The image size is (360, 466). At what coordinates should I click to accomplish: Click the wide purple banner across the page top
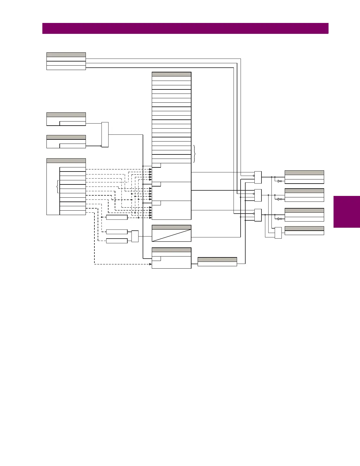185,28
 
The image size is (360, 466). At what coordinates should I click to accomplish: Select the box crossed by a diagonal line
171,235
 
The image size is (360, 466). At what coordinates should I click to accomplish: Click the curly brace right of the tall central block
194,154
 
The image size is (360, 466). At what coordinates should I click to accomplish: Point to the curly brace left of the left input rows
58,187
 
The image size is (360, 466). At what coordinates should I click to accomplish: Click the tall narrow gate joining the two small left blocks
105,134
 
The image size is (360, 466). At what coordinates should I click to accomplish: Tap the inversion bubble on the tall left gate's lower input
101,146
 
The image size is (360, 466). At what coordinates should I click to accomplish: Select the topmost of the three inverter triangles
279,181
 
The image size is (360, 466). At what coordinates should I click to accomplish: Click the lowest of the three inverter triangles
279,219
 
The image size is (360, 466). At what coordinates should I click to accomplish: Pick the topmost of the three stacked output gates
258,177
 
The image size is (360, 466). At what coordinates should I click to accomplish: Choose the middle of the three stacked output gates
258,195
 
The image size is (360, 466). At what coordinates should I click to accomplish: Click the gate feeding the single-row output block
278,233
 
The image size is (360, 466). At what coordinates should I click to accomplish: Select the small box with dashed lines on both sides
117,217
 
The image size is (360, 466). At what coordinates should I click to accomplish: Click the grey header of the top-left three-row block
66,55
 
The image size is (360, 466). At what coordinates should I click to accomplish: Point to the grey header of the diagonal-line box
171,227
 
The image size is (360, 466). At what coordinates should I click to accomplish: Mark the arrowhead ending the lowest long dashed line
151,264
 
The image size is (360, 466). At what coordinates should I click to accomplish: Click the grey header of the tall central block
171,74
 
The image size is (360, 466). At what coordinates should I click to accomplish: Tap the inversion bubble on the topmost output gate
254,176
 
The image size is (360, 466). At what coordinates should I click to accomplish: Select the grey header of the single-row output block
304,229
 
